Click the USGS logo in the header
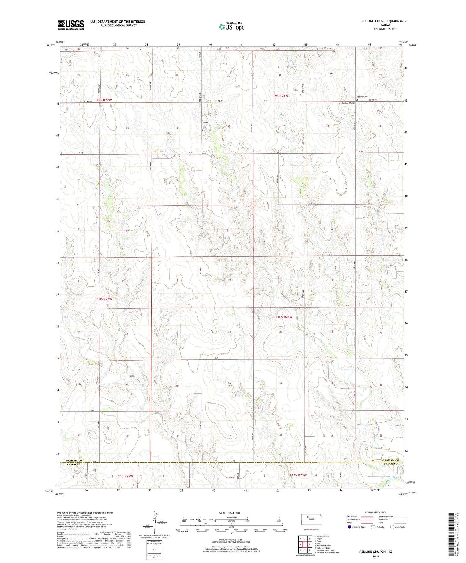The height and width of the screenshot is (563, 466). point(71,25)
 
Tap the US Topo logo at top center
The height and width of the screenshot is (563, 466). point(231,27)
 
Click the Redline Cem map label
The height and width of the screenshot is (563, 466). point(362,97)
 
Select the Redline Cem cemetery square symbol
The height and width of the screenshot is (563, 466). point(357,100)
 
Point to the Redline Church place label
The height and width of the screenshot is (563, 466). point(348,103)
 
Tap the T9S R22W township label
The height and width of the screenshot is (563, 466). point(104,100)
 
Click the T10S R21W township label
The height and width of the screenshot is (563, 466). point(284,317)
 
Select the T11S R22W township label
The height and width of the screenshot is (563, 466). point(124,476)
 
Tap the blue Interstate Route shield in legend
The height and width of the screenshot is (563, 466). point(349,527)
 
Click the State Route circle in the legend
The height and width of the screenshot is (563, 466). point(392,527)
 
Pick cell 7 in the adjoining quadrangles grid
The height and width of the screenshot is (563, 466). point(305,551)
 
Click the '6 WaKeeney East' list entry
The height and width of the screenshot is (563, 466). point(322,548)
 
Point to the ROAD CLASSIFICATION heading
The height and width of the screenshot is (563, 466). point(376,512)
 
